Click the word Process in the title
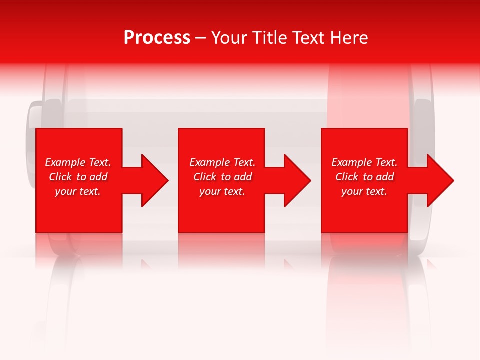157,38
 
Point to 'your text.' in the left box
78,191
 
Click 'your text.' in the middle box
222,191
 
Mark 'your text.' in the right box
364,191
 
